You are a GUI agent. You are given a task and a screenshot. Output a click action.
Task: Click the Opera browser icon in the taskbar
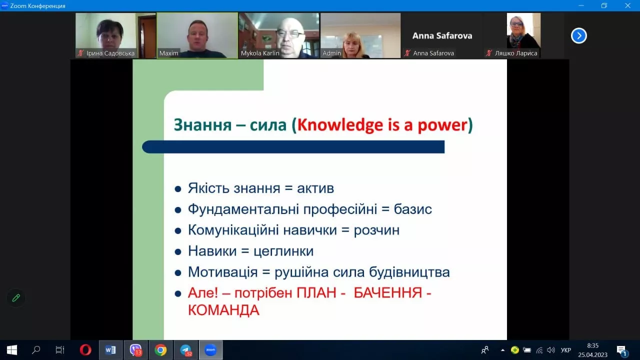pyautogui.click(x=85, y=350)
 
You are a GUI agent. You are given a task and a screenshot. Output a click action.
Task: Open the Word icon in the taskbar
pyautogui.click(x=110, y=350)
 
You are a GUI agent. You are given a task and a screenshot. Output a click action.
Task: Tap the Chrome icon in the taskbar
pyautogui.click(x=160, y=350)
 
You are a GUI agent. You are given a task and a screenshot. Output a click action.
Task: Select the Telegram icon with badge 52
pyautogui.click(x=186, y=350)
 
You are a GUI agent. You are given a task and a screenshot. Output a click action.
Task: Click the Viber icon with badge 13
pyautogui.click(x=135, y=350)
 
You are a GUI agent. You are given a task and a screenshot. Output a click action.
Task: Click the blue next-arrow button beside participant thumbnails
pyautogui.click(x=578, y=35)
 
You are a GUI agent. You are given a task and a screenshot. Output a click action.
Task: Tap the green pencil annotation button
pyautogui.click(x=16, y=298)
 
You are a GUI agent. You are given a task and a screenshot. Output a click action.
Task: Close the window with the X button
pyautogui.click(x=627, y=5)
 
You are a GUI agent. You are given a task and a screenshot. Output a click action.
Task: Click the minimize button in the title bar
pyautogui.click(x=580, y=5)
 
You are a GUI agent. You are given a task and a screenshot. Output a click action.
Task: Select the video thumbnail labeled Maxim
pyautogui.click(x=197, y=35)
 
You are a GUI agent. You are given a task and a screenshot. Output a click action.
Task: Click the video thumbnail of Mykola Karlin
pyautogui.click(x=278, y=35)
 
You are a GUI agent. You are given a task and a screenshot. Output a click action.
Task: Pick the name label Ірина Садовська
pyautogui.click(x=110, y=53)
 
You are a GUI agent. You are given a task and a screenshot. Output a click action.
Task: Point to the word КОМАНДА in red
pyautogui.click(x=223, y=310)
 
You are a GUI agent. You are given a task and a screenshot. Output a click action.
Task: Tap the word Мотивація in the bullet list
pyautogui.click(x=222, y=272)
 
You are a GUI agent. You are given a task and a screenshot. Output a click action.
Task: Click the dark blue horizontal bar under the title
pyautogui.click(x=293, y=146)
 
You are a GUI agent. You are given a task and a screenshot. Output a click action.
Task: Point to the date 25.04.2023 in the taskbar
pyautogui.click(x=592, y=354)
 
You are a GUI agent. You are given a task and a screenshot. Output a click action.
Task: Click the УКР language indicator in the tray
pyautogui.click(x=566, y=350)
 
